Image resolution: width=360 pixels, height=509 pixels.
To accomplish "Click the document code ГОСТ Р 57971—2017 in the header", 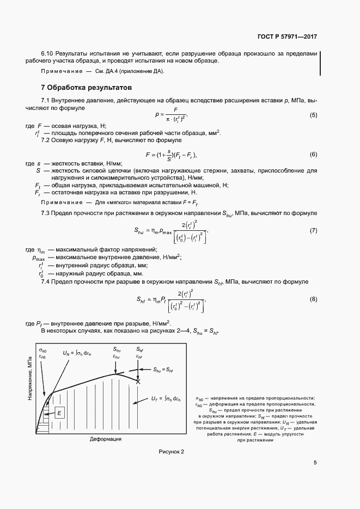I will click(x=286, y=37).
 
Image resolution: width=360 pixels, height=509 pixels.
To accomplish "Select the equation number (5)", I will click(x=313, y=115).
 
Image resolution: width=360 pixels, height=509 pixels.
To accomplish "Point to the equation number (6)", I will click(x=313, y=155).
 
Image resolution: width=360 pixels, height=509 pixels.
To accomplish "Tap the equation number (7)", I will click(x=313, y=231).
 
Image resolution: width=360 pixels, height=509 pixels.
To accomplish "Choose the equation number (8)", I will click(x=313, y=299).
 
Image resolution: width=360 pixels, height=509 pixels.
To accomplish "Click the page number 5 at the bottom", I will click(x=315, y=463).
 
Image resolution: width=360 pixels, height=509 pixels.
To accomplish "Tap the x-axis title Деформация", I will click(x=105, y=438).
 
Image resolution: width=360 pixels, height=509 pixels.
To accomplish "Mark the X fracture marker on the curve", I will click(x=138, y=382).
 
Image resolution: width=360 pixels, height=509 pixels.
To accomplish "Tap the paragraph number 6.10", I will click(x=47, y=53).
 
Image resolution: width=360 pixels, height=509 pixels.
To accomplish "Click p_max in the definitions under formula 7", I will click(x=38, y=258).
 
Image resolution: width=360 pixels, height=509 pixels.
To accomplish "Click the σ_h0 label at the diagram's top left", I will click(x=42, y=349).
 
